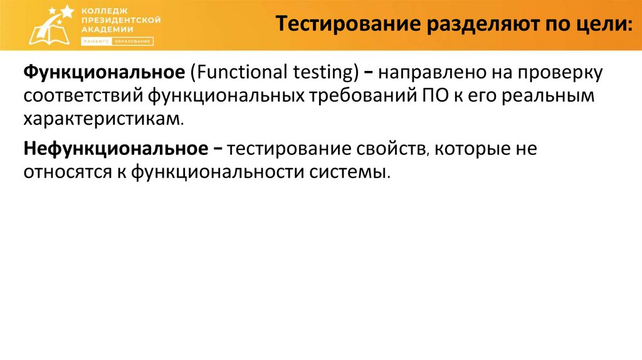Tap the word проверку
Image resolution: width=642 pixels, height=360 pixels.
pyautogui.click(x=559, y=73)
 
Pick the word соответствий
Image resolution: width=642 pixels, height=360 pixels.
pyautogui.click(x=85, y=95)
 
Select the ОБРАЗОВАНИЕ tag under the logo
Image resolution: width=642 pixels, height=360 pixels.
pyautogui.click(x=133, y=41)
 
